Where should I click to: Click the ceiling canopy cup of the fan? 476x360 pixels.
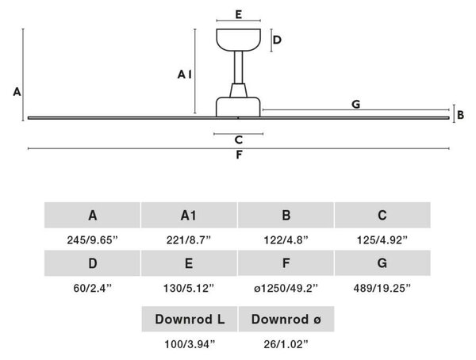[238, 40]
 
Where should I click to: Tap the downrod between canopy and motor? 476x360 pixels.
[238, 67]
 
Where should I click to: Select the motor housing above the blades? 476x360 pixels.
[238, 107]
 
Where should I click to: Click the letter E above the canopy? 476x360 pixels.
[239, 14]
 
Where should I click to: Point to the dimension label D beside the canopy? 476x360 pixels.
[277, 40]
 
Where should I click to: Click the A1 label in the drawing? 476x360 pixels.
[185, 74]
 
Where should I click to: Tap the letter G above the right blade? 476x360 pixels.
[355, 104]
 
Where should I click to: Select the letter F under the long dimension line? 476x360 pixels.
[239, 155]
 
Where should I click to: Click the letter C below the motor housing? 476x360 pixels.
[239, 140]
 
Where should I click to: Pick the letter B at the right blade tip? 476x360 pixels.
[460, 115]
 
